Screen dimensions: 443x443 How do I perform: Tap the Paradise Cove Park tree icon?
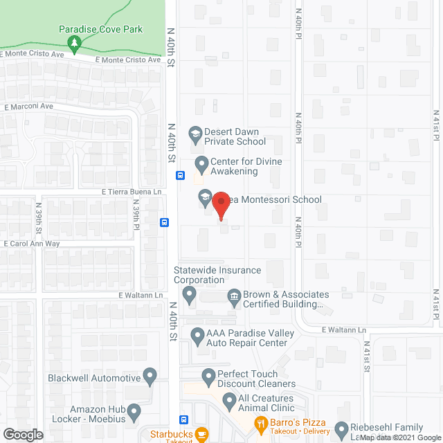pyautogui.click(x=75, y=43)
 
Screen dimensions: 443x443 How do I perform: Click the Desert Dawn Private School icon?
pyautogui.click(x=195, y=133)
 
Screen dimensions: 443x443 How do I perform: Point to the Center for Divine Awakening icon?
pyautogui.click(x=201, y=165)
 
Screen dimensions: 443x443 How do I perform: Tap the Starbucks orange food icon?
pyautogui.click(x=201, y=434)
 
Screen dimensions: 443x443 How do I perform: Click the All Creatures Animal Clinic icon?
pyautogui.click(x=228, y=401)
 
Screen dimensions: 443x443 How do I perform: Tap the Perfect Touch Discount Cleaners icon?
pyautogui.click(x=208, y=377)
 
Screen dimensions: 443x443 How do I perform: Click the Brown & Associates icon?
pyautogui.click(x=234, y=298)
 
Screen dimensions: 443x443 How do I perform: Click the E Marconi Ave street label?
pyautogui.click(x=28, y=107)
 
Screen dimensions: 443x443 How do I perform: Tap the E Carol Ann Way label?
pyautogui.click(x=32, y=244)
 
